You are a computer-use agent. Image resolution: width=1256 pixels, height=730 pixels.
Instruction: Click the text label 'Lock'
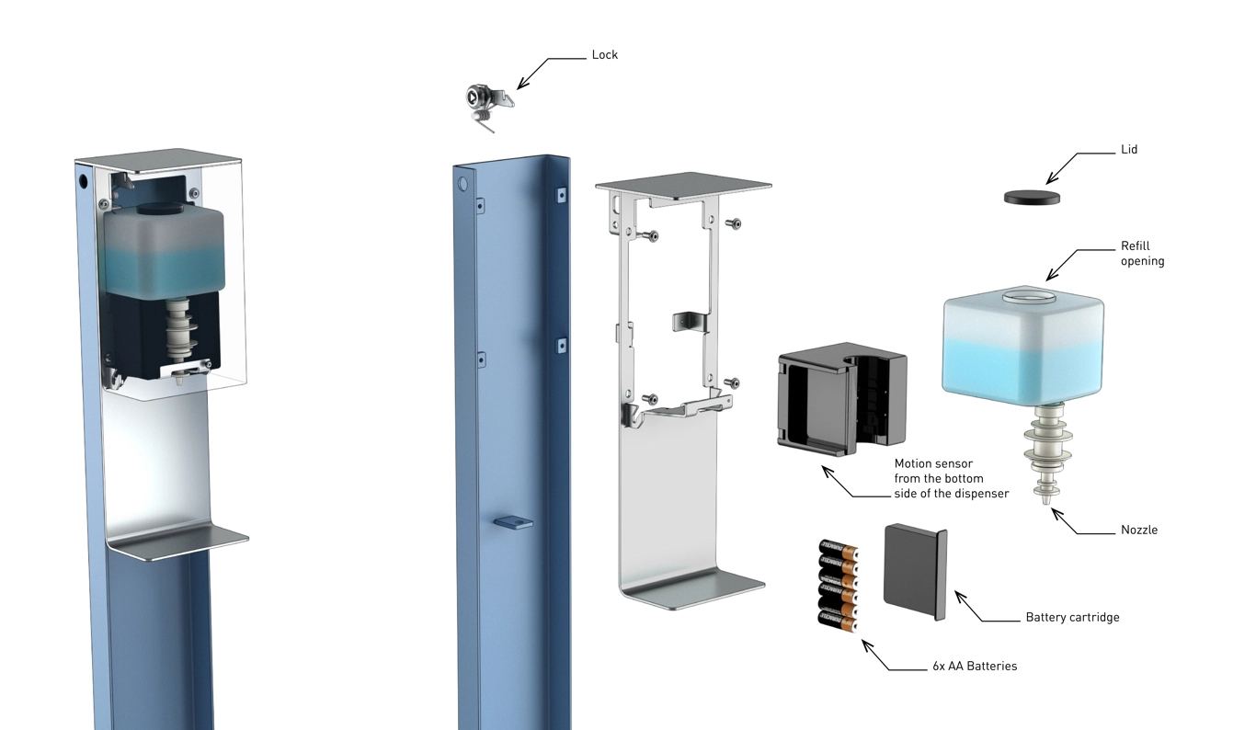coord(604,55)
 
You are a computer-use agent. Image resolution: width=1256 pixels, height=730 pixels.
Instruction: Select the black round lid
coord(1032,196)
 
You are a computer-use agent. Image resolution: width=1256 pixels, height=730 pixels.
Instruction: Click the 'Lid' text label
coord(1129,149)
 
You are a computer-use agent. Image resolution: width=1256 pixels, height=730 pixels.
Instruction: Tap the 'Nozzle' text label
coord(1139,530)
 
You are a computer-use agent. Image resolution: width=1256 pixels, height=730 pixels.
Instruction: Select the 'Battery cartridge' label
coord(1072,618)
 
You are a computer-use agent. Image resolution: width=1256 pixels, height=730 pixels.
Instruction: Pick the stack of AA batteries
coord(838,585)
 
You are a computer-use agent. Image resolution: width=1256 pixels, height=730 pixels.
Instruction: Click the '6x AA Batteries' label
coord(975,666)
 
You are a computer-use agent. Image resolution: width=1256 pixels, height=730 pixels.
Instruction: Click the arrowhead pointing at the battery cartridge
coord(960,596)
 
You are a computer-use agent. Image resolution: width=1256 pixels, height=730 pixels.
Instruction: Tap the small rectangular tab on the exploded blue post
coord(514,522)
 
